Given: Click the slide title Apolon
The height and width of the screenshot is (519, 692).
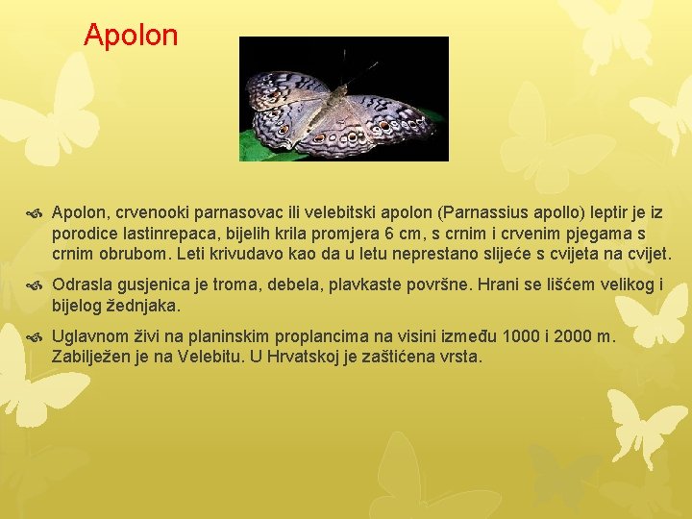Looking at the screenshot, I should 131,36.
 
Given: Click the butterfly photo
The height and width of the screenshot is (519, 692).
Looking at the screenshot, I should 343,98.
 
